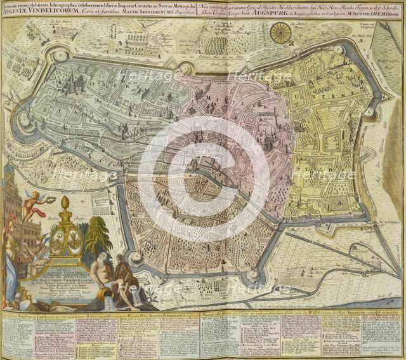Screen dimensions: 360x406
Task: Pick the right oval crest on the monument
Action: pos(74,239)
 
